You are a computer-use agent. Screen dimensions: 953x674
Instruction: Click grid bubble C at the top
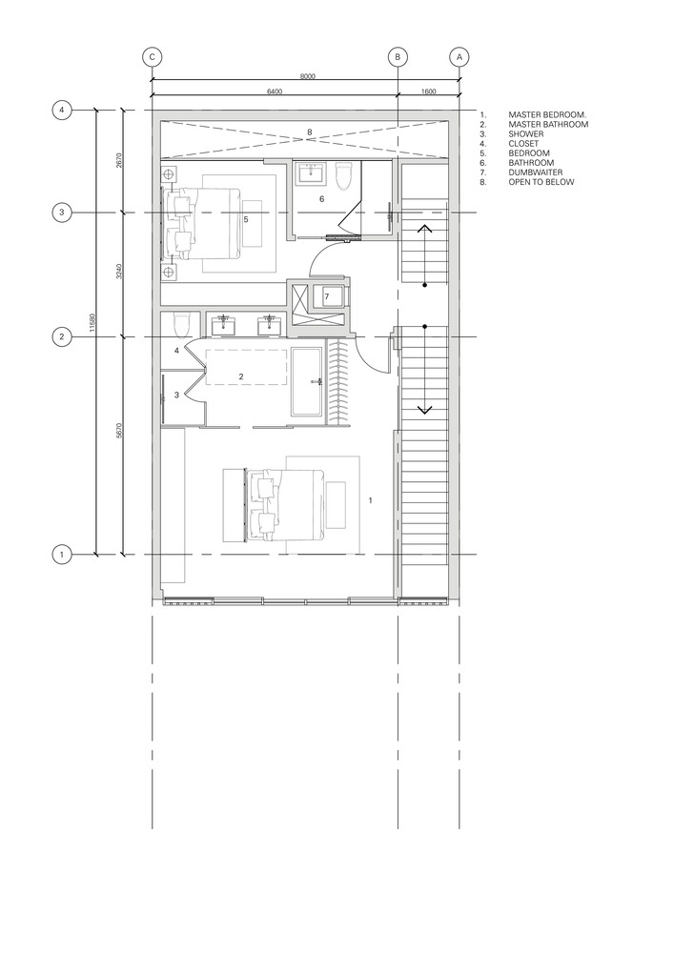tap(152, 57)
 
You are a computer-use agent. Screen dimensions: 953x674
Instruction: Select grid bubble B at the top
tap(398, 57)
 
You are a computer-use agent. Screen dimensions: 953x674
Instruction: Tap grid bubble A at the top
tap(460, 57)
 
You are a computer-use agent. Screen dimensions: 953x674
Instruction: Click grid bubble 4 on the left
tap(61, 111)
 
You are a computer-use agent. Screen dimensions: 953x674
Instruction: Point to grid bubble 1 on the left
tap(61, 554)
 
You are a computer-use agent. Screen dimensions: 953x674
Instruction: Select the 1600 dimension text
tap(428, 92)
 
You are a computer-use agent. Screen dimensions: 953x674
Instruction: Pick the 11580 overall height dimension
tap(92, 332)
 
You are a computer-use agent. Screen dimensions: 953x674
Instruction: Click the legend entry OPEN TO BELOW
tap(541, 181)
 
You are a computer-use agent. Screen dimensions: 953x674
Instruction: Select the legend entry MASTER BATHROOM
tap(547, 124)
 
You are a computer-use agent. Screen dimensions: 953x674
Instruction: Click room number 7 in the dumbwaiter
tap(327, 297)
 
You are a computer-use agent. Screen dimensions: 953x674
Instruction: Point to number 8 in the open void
tap(309, 132)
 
